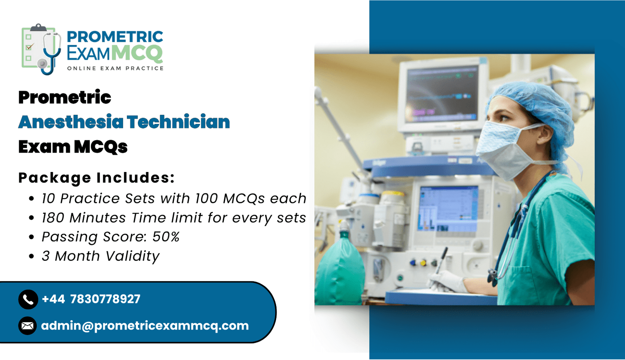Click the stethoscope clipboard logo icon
[41, 49]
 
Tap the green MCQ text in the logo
[137, 53]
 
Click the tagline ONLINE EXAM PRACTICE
[115, 68]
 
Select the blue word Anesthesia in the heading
[71, 122]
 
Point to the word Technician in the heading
[179, 122]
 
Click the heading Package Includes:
[96, 177]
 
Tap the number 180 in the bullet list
[53, 218]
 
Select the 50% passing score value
[166, 236]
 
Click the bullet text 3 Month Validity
[101, 256]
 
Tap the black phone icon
[28, 299]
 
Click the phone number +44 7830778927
[91, 299]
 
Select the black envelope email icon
[28, 326]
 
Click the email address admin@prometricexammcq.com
[145, 326]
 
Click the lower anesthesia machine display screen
[448, 209]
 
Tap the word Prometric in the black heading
[65, 97]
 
